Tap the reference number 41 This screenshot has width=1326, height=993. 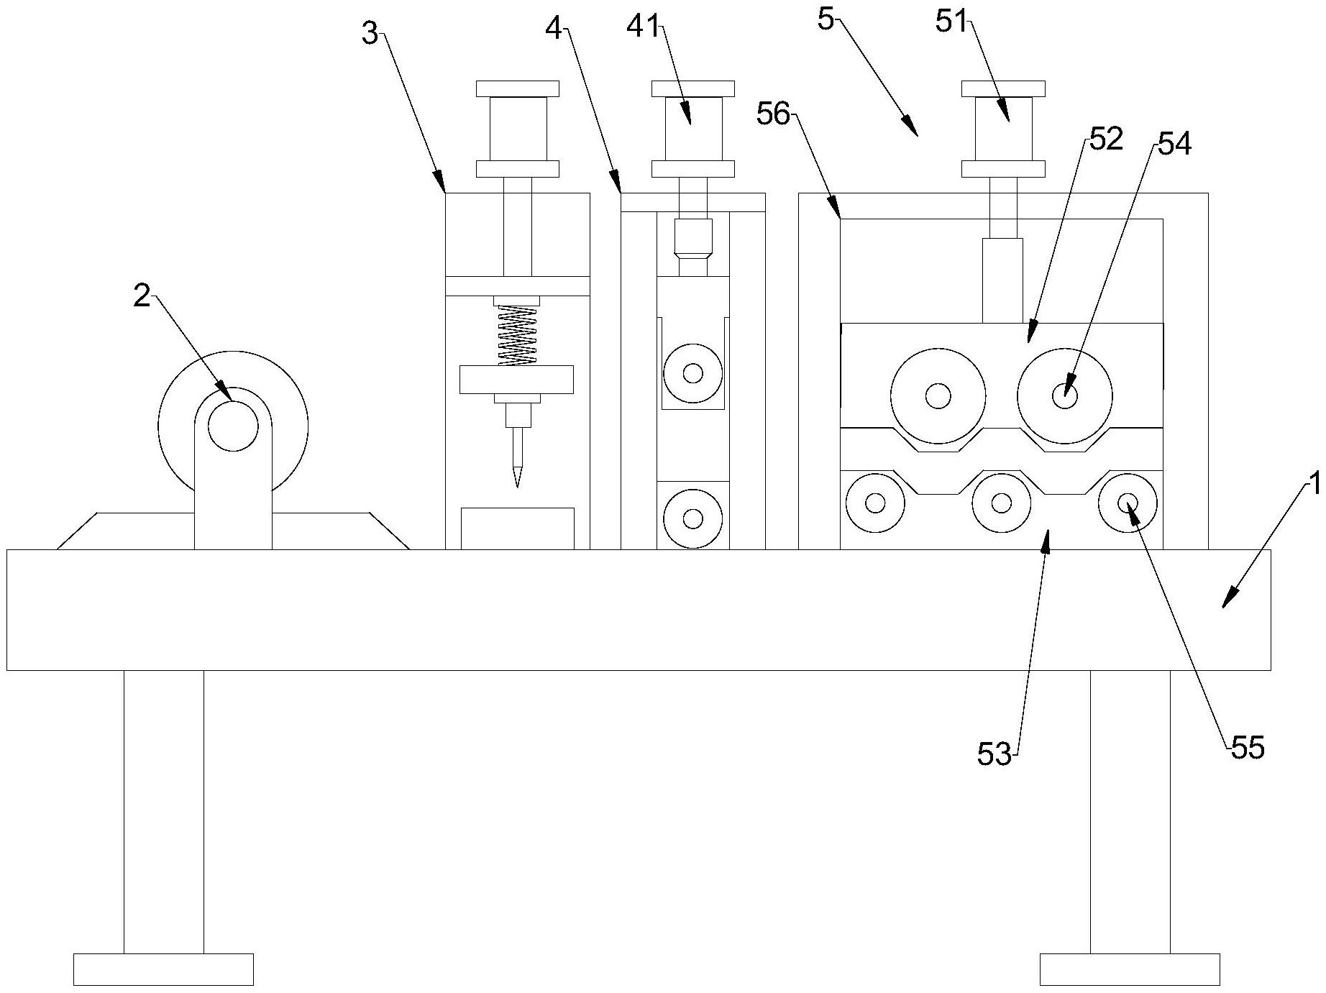pos(643,27)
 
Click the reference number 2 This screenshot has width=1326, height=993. pos(142,296)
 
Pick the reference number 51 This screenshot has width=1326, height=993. pos(953,22)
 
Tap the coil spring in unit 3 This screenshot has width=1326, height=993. pos(517,336)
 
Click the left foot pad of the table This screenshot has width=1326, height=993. pos(163,969)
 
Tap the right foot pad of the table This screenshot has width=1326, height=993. pos(1130,969)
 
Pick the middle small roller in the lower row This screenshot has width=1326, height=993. pos(1001,503)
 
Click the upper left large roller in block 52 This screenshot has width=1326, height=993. pos(938,395)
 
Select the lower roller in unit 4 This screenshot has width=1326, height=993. pos(692,518)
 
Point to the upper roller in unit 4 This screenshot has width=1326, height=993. pos(692,373)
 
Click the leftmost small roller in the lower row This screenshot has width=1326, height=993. pos(875,503)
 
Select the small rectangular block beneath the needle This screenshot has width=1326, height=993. pos(517,528)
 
